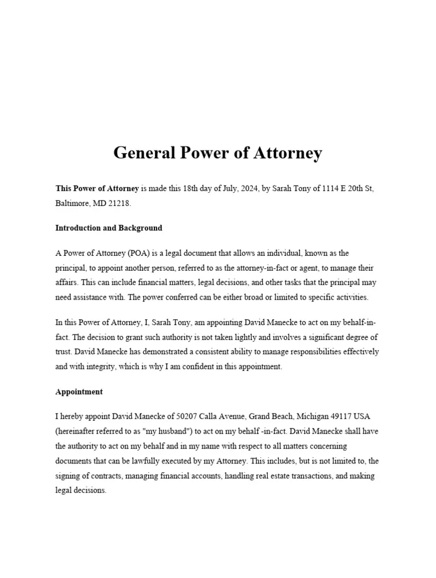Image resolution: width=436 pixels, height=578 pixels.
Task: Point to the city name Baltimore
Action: point(71,203)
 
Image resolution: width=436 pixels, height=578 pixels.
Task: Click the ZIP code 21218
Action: point(119,203)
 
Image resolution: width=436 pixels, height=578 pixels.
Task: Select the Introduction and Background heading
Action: point(108,228)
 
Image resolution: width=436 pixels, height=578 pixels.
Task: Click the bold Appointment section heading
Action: point(79,391)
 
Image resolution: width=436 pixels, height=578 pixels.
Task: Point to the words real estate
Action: point(287,476)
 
